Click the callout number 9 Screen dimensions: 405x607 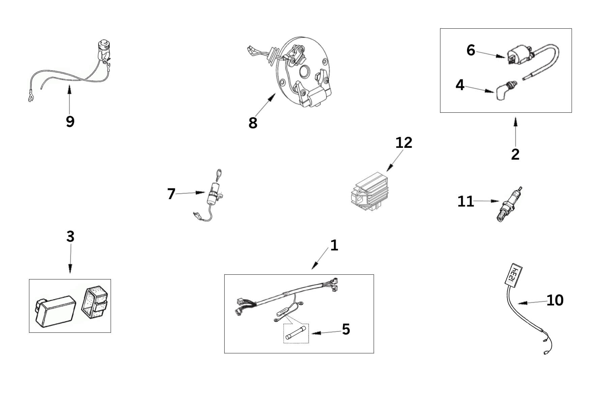(x=70, y=122)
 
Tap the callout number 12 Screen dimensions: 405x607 (x=404, y=143)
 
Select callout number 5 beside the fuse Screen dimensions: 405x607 (x=346, y=329)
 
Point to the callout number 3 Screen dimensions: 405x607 (x=70, y=237)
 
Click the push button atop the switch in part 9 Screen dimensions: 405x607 (x=103, y=44)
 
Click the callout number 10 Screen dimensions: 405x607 (x=555, y=300)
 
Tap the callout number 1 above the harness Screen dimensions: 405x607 (x=334, y=246)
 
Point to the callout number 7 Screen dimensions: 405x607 (x=171, y=194)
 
